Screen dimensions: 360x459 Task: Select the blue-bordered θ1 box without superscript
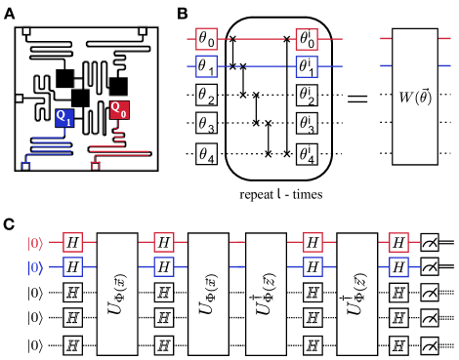(x=206, y=67)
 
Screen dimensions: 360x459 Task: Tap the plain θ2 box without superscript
(x=206, y=96)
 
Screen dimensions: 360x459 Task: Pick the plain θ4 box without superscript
(x=206, y=153)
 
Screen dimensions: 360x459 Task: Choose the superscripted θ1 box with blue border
(x=307, y=67)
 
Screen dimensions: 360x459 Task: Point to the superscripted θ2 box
(x=307, y=96)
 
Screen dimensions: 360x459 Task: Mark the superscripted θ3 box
(x=307, y=124)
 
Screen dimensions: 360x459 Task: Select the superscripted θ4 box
(x=307, y=153)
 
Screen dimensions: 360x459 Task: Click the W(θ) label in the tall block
(x=415, y=97)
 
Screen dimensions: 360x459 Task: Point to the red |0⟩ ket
(x=34, y=241)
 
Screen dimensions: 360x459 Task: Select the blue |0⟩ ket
(x=34, y=265)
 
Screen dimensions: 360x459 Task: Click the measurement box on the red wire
(x=430, y=241)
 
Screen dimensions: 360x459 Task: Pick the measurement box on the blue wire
(x=430, y=266)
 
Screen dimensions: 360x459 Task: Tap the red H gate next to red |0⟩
(x=71, y=241)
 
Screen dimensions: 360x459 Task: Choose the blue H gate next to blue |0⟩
(x=71, y=266)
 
